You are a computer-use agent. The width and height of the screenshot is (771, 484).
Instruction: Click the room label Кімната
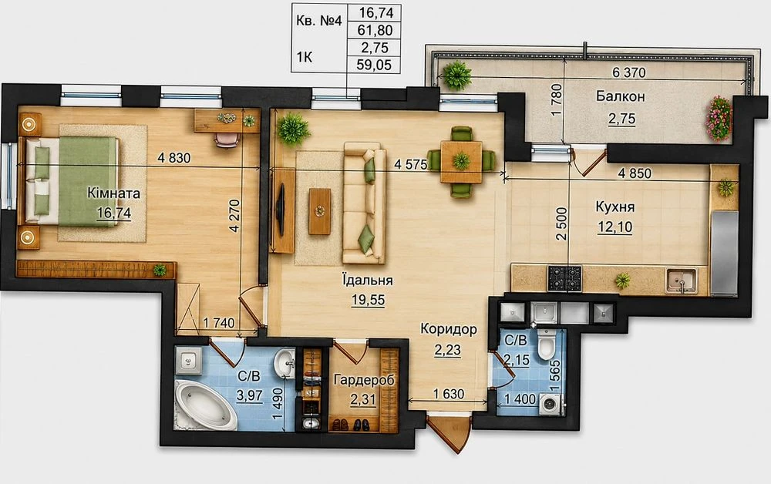click(x=113, y=193)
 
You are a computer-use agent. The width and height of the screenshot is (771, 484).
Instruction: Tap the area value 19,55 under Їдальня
click(x=369, y=300)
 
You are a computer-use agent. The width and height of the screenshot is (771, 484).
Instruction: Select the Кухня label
click(x=614, y=207)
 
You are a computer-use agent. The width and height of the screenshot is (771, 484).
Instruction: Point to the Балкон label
click(x=620, y=96)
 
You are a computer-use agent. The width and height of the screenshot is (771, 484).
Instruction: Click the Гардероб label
click(x=364, y=379)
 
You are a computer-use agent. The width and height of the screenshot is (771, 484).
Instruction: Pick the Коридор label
click(x=449, y=329)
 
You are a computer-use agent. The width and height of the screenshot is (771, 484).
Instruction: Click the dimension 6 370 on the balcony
click(x=629, y=72)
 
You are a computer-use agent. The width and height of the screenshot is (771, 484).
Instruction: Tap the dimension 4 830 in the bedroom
click(x=174, y=158)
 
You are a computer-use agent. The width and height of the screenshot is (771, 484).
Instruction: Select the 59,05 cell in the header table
click(x=375, y=65)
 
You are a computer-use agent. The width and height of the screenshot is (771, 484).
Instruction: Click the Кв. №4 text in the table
click(x=318, y=22)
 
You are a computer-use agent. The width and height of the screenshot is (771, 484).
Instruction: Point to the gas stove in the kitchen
click(x=564, y=278)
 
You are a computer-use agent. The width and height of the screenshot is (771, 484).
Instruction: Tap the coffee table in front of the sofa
click(x=320, y=211)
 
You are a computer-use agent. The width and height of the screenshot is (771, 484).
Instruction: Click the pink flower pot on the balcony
click(x=719, y=119)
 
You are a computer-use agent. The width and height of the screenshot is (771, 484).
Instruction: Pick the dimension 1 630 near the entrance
click(x=449, y=394)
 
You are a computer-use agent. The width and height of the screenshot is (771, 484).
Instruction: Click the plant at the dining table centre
click(x=461, y=160)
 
